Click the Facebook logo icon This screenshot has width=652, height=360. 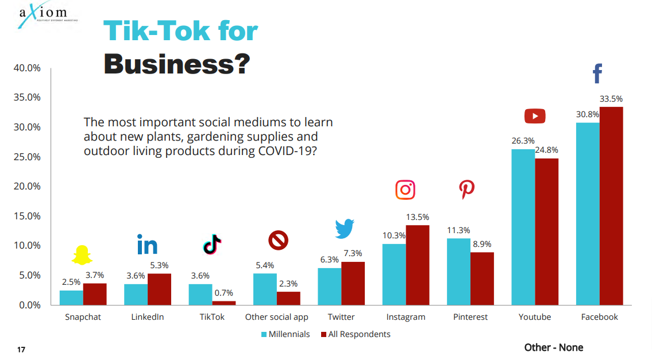597,73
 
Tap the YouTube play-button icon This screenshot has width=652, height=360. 535,117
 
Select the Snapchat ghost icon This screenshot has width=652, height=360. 82,254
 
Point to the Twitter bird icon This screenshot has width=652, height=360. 345,229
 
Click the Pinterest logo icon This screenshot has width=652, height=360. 466,189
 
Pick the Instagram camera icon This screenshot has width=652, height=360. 405,190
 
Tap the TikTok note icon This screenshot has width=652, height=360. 212,244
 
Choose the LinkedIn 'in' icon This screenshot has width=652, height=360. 147,245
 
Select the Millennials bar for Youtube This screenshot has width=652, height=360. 523,227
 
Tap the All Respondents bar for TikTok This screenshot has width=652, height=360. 223,303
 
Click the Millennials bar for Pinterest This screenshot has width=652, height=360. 458,272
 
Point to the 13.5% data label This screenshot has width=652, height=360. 417,217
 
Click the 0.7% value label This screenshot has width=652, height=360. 223,293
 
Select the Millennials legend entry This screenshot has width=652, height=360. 286,334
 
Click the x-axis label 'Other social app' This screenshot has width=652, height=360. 276,317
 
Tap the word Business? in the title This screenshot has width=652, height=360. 176,64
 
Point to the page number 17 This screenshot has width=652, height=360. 21,350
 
